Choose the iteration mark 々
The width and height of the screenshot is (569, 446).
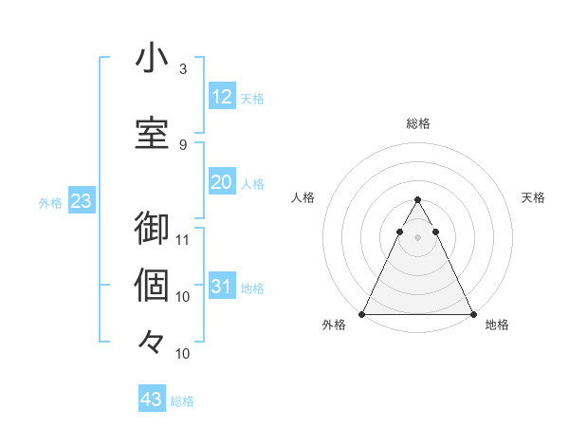coord(152,341)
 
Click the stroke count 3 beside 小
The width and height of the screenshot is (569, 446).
coord(183,69)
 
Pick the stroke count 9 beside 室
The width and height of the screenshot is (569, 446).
coord(183,144)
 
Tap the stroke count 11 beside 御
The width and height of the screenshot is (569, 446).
coord(184,239)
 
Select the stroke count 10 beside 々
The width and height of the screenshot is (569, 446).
coord(184,353)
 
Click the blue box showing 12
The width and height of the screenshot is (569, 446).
coord(221,97)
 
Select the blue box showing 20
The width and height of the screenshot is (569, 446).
coord(221,182)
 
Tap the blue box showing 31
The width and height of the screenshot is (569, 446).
coord(221,287)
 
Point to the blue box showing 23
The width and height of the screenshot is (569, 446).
coord(81,201)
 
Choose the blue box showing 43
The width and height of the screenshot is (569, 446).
coord(152,400)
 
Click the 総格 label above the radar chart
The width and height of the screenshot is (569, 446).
coord(418,123)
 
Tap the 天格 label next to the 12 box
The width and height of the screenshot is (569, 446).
coord(252,98)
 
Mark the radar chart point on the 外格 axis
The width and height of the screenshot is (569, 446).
coord(362,314)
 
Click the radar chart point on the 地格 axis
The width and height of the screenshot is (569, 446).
coord(472,314)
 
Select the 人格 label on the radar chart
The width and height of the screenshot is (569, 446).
coord(303,197)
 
